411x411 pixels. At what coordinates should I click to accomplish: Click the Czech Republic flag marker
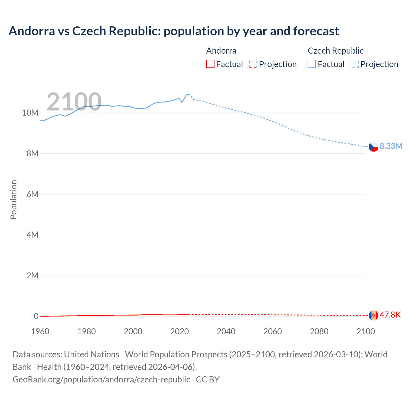[x=373, y=147]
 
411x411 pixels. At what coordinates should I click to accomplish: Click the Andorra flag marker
[x=373, y=315]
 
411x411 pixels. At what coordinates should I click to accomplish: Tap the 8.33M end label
[x=391, y=146]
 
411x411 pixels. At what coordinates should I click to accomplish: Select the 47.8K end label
[x=390, y=315]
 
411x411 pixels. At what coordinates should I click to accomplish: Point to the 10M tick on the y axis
[x=30, y=113]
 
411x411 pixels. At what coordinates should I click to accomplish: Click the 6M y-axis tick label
[x=32, y=194]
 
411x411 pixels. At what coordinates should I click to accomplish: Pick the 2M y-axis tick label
[x=32, y=275]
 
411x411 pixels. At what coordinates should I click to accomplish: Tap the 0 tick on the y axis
[x=36, y=316]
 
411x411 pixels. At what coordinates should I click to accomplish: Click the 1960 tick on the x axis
[x=40, y=331]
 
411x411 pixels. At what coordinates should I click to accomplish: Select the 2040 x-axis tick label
[x=226, y=331]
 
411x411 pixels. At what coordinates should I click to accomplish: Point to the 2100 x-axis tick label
[x=365, y=331]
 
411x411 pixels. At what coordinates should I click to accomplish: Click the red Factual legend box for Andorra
[x=210, y=64]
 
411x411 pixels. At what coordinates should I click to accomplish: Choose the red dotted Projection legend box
[x=253, y=64]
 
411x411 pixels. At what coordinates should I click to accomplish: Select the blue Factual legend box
[x=312, y=64]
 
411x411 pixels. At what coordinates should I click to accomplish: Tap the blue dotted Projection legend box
[x=354, y=64]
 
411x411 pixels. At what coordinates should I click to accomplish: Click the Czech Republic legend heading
[x=336, y=51]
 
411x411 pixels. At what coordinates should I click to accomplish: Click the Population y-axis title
[x=13, y=199]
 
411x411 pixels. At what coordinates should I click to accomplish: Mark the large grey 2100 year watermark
[x=74, y=102]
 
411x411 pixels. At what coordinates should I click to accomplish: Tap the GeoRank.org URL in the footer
[x=101, y=379]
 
